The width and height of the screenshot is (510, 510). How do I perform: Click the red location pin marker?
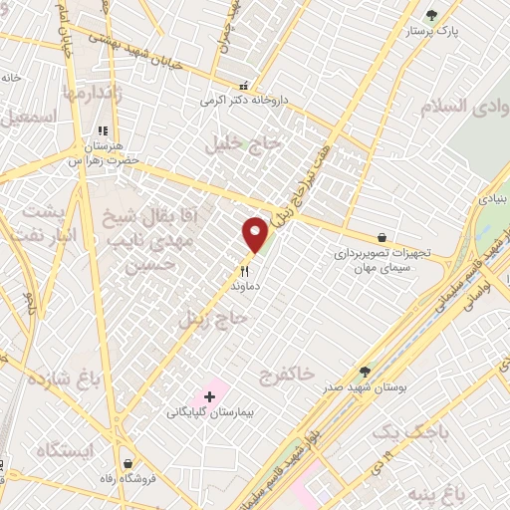pos(255,234)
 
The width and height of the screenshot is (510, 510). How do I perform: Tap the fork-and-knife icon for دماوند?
pos(244,269)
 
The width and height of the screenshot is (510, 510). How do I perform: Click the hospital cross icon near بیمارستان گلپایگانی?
pos(209,396)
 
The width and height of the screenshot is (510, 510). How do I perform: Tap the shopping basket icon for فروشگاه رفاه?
pos(128,463)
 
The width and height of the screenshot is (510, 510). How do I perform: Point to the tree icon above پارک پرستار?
pos(431,15)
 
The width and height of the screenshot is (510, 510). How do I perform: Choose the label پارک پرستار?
pos(430,31)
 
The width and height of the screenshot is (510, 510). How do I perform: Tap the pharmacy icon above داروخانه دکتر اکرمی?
pos(244,86)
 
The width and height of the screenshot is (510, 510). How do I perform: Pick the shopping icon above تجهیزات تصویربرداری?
pos(382,237)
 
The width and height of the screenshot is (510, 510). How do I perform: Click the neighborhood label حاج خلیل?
pos(245,144)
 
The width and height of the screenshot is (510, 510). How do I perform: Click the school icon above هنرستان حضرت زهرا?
pos(102,129)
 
